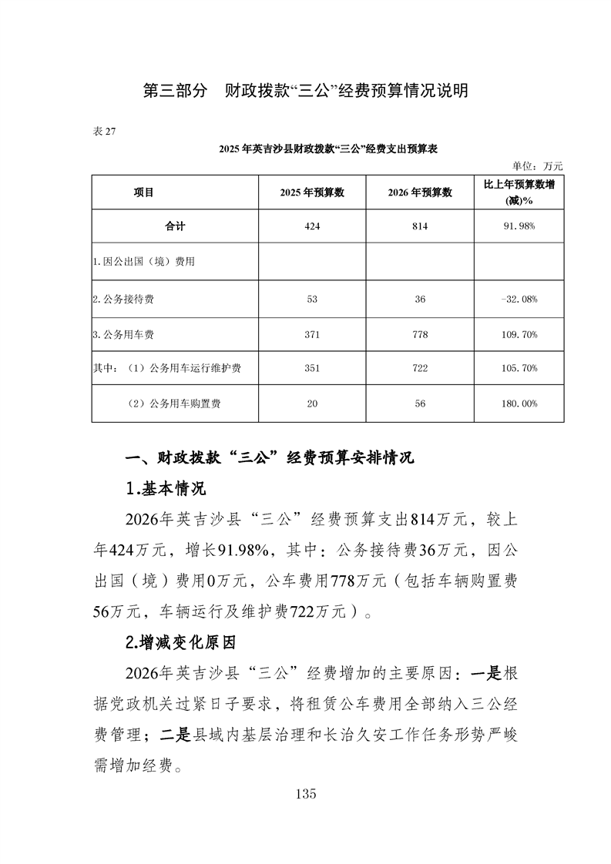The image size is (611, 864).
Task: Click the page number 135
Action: coord(305,795)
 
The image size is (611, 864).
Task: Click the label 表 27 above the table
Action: coord(104,132)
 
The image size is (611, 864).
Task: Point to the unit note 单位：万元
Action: coord(538,166)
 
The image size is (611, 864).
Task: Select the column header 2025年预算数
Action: coord(312,193)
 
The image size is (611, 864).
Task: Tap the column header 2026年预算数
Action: coord(420,193)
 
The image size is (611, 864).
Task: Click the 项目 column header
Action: coord(144,193)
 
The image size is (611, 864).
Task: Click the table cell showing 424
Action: coord(312,227)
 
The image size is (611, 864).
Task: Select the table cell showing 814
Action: coord(420,227)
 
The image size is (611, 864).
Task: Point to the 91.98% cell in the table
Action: coord(520,227)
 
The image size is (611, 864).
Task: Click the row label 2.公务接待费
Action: coord(127,298)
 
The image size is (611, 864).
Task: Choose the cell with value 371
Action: coord(312,334)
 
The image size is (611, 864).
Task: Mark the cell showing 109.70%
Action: coord(520,334)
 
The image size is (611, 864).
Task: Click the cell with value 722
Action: coord(420,369)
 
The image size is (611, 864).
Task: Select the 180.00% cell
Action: coord(520,404)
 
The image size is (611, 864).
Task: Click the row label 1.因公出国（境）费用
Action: coord(143,262)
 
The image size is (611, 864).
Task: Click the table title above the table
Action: coord(328,149)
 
